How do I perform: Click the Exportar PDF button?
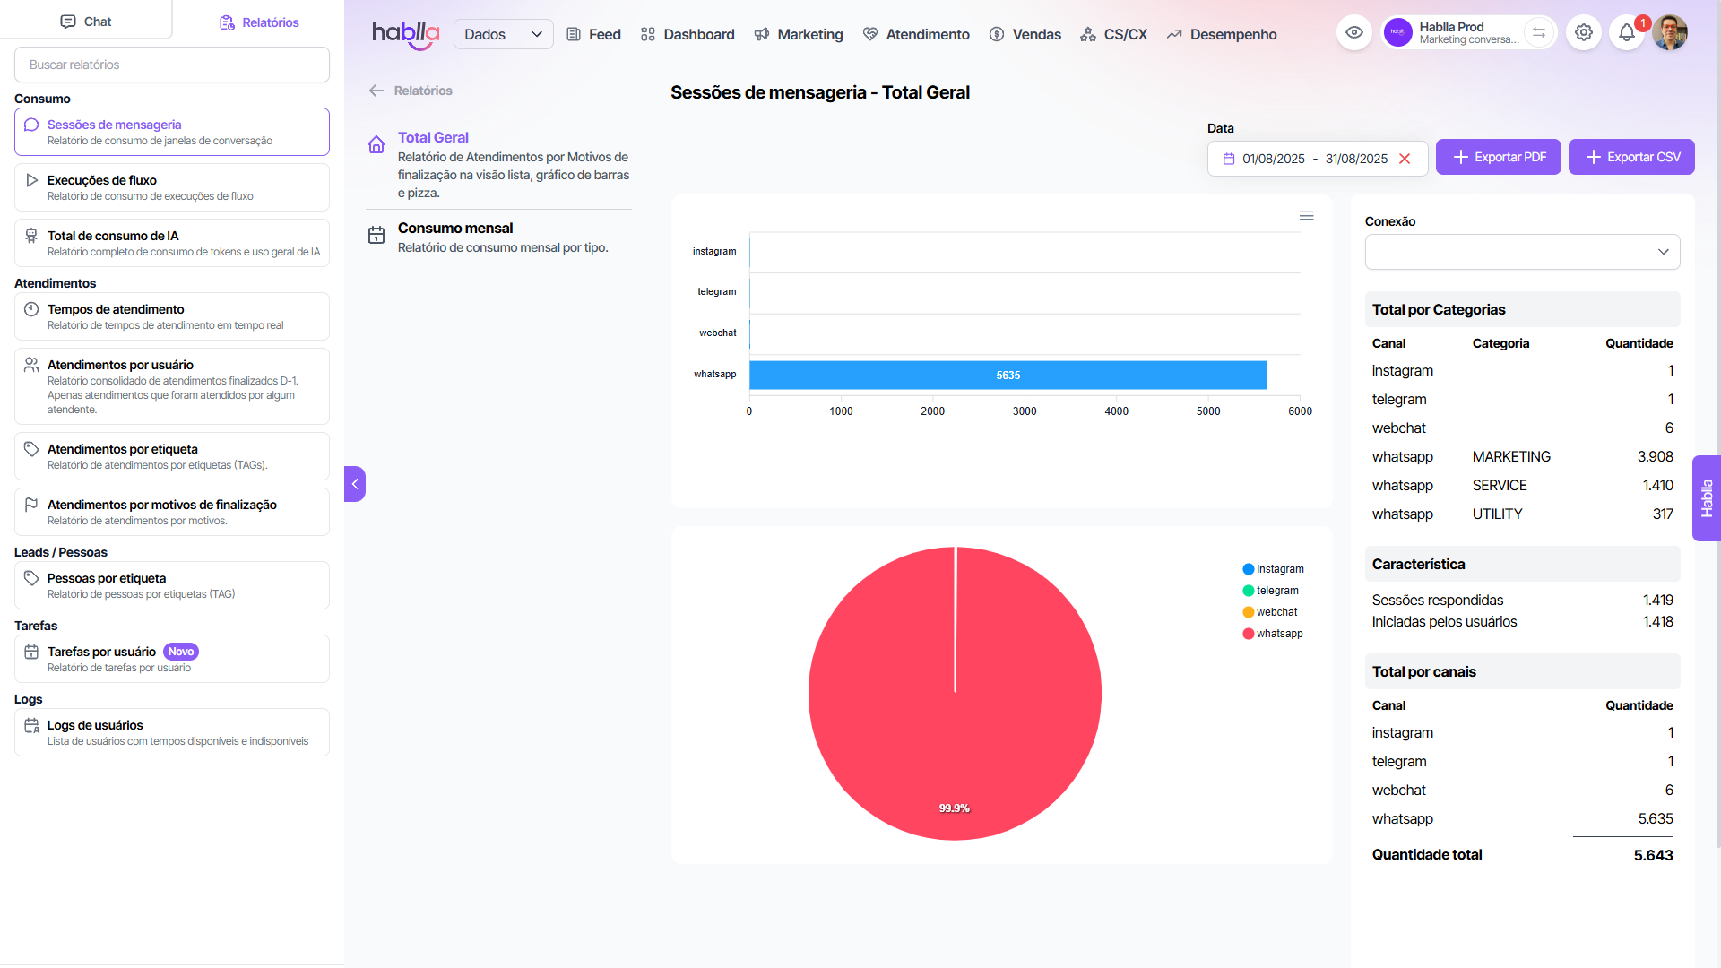click(x=1498, y=157)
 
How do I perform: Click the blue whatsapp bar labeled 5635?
click(x=1008, y=376)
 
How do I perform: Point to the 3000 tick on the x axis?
click(x=1025, y=411)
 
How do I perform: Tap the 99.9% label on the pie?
click(x=954, y=808)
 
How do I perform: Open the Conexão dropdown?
click(x=1522, y=252)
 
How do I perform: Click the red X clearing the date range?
click(x=1405, y=159)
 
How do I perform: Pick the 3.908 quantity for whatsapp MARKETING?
click(x=1655, y=457)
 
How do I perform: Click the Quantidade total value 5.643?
click(x=1653, y=855)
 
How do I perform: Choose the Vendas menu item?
click(x=1025, y=34)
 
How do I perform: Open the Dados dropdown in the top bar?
click(x=503, y=34)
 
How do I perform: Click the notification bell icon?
click(x=1626, y=33)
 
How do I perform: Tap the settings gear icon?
click(x=1584, y=33)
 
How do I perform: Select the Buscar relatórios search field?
click(x=172, y=65)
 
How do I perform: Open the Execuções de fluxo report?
click(x=172, y=187)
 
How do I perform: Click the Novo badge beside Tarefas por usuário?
click(x=181, y=652)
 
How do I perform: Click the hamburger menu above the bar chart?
click(x=1307, y=216)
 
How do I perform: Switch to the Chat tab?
click(x=86, y=22)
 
